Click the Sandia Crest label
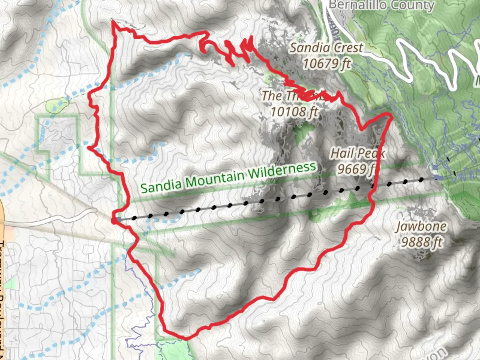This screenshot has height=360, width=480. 326,48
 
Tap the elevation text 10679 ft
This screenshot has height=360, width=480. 327,63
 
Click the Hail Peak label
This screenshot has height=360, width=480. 358,153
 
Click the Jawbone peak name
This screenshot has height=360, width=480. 421,226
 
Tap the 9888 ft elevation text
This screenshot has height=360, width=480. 421,242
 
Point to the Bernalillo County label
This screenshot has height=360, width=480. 381,5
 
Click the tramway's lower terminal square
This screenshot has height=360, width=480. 119,219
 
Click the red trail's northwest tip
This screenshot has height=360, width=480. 113,21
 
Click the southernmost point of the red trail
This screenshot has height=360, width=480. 185,338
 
